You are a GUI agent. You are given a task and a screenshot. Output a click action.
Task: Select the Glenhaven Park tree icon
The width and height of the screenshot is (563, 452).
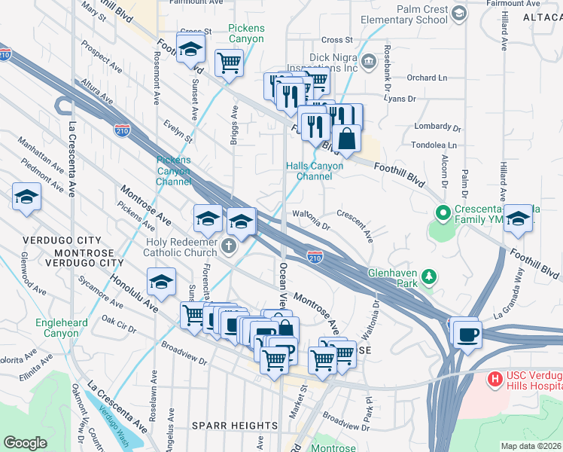[x=429, y=276]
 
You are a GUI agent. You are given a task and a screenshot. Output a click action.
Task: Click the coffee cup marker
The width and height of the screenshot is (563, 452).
[x=467, y=332]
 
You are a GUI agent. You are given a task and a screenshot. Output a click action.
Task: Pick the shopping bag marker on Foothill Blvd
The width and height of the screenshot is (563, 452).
[x=346, y=138]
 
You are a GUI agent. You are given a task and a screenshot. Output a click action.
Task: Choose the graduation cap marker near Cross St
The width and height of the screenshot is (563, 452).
[x=191, y=48]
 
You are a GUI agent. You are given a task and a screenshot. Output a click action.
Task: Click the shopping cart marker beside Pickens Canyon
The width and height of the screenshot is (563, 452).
[x=229, y=63]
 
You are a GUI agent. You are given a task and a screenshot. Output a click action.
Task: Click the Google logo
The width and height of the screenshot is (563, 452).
[x=25, y=443]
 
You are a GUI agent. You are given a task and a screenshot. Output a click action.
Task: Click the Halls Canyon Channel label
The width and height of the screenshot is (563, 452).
[x=315, y=171]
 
